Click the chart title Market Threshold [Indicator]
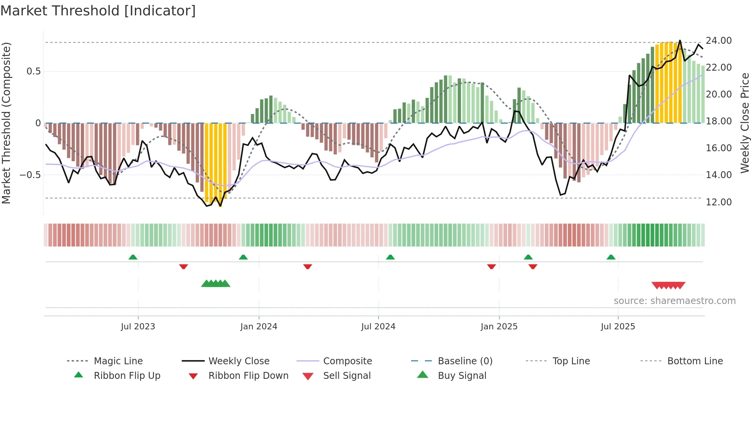pyautogui.click(x=98, y=11)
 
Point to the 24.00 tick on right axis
pyautogui.click(x=718, y=41)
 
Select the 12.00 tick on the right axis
pyautogui.click(x=718, y=202)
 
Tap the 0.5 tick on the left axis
pyautogui.click(x=33, y=71)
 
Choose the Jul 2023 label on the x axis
pyautogui.click(x=138, y=327)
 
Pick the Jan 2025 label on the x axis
pyautogui.click(x=499, y=327)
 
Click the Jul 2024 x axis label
pyautogui.click(x=378, y=327)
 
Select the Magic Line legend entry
pyautogui.click(x=118, y=361)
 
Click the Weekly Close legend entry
pyautogui.click(x=239, y=361)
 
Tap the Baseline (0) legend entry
pyautogui.click(x=465, y=361)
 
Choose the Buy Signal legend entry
pyautogui.click(x=462, y=376)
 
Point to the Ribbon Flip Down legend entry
pyautogui.click(x=248, y=376)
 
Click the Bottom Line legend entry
pyautogui.click(x=695, y=361)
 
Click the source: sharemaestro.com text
pyautogui.click(x=674, y=301)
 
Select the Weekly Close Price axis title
pyautogui.click(x=744, y=123)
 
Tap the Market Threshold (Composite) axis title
pyautogui.click(x=6, y=123)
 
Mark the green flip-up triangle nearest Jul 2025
pyautogui.click(x=611, y=257)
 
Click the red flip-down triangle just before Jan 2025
pyautogui.click(x=491, y=266)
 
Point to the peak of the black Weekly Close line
pyautogui.click(x=680, y=40)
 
